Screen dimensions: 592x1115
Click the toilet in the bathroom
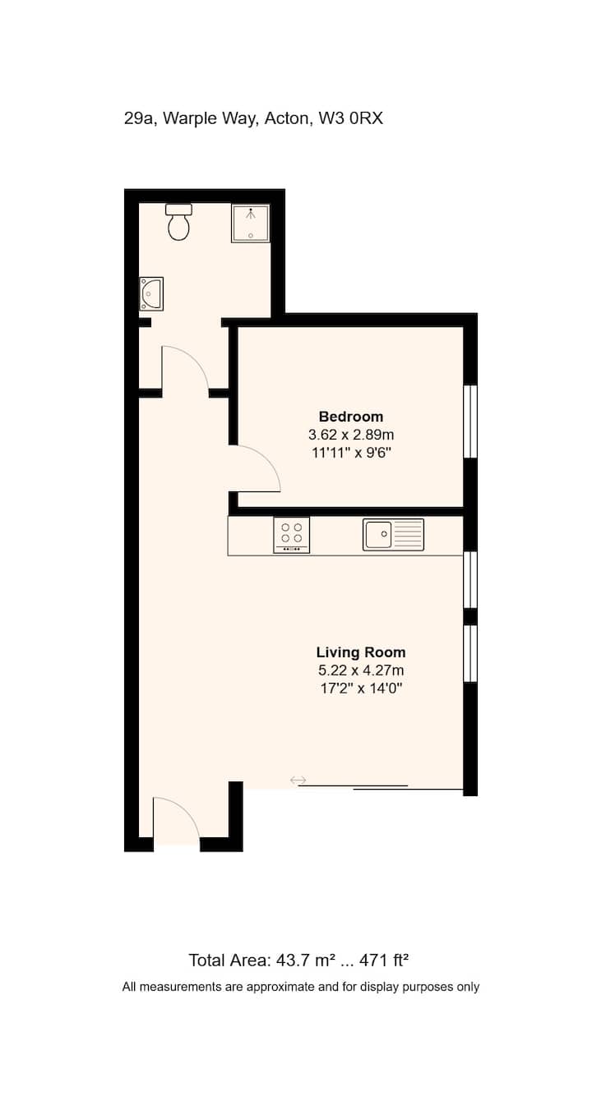(x=178, y=222)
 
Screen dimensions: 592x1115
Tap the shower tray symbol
(x=251, y=223)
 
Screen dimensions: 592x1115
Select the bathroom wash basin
(x=150, y=294)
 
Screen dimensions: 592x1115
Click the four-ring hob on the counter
(x=291, y=535)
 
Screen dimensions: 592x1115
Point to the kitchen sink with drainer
(x=393, y=535)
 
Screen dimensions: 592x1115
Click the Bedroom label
(x=351, y=416)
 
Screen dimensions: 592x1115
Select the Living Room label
(x=361, y=652)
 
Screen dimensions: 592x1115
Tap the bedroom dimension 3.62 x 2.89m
(x=351, y=435)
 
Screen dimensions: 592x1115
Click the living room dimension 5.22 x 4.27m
(x=361, y=670)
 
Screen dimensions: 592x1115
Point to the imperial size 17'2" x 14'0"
(x=361, y=689)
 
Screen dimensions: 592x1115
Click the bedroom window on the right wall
(x=470, y=422)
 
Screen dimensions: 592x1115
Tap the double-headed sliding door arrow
(x=298, y=780)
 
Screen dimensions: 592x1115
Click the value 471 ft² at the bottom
(x=384, y=959)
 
